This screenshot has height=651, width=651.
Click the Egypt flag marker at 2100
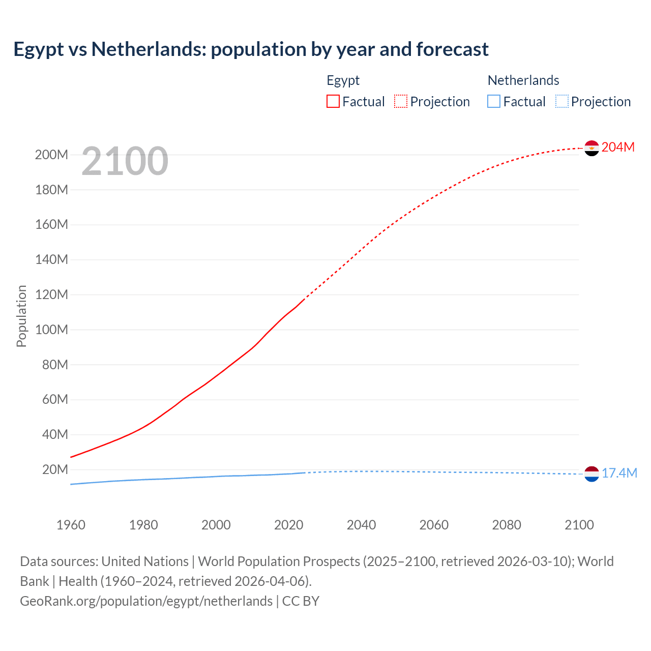(591, 148)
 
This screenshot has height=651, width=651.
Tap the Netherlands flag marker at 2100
(591, 474)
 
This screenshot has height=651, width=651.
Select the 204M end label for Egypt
(618, 147)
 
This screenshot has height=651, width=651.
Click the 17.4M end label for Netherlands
(619, 474)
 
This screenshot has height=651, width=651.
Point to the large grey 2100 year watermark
(125, 161)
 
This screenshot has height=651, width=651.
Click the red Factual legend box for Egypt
(333, 102)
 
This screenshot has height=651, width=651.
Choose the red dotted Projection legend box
(401, 102)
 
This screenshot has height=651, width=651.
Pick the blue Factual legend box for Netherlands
(494, 102)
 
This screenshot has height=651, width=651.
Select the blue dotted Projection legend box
(562, 102)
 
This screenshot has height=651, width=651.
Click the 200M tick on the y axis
(51, 155)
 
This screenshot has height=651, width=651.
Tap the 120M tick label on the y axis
(51, 295)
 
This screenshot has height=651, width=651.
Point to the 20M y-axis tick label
(55, 470)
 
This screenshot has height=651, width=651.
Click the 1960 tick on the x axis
(71, 525)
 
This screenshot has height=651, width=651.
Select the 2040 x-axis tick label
(361, 525)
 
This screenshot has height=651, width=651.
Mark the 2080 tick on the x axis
(507, 525)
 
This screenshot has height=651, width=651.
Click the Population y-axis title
(21, 316)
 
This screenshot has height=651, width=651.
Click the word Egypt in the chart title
(39, 50)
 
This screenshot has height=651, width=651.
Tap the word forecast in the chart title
(452, 50)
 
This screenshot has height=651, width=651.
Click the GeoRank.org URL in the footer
(146, 601)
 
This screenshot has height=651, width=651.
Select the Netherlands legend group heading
(523, 80)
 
